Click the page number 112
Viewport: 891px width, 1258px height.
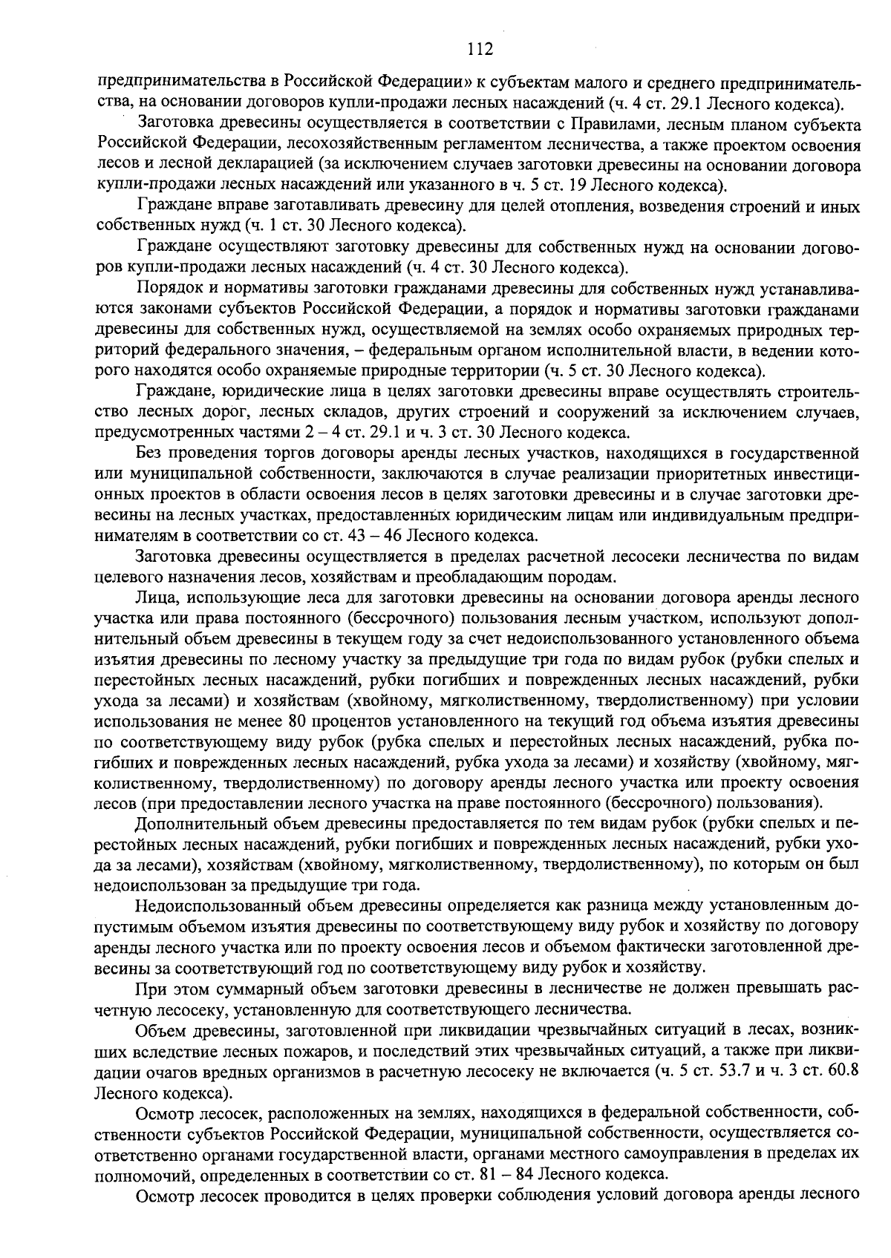480,50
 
